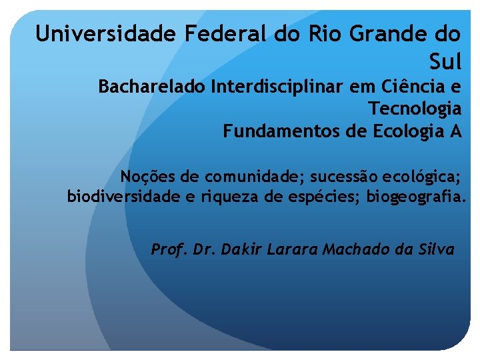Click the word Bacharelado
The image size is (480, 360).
pyautogui.click(x=151, y=87)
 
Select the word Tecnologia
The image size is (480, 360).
pyautogui.click(x=415, y=109)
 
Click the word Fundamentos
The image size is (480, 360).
pyautogui.click(x=283, y=131)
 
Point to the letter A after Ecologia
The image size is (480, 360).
pyautogui.click(x=455, y=131)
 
